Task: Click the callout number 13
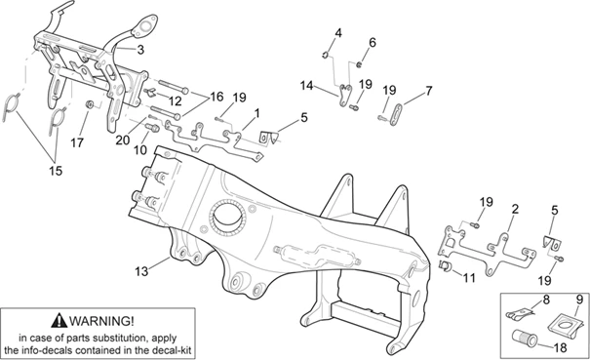pos(141,271)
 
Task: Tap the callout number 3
pos(140,50)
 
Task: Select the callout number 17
pos(77,142)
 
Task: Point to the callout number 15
pos(56,171)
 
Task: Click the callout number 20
pos(122,140)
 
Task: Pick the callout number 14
pos(306,86)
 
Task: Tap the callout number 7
pos(428,91)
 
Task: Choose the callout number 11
pos(469,278)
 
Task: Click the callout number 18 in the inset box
pos(561,347)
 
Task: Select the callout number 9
pos(578,300)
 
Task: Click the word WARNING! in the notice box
pos(101,321)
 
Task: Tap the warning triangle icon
pos(59,320)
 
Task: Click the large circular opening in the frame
pos(227,217)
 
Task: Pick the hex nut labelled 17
pos(90,104)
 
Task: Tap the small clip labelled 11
pos(445,265)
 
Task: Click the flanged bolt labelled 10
pos(152,127)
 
